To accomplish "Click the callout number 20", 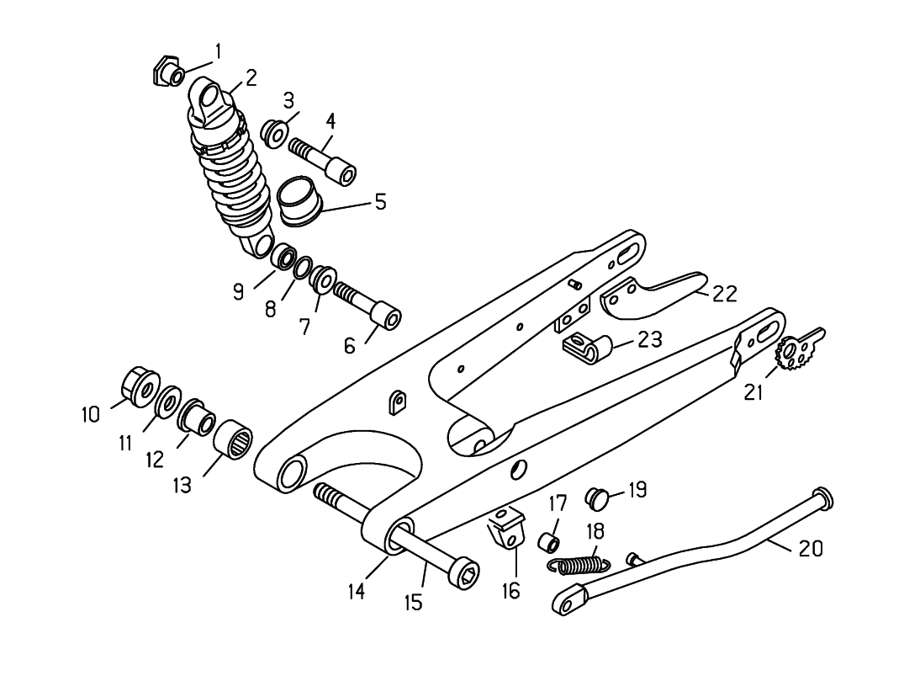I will [x=810, y=549].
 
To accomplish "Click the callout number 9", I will [x=239, y=291].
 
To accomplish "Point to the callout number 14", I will [x=357, y=592].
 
